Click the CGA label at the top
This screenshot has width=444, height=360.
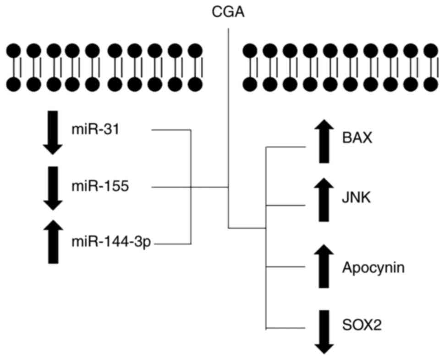228,11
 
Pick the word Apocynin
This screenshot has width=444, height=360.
373,267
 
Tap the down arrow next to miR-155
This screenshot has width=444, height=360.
53,188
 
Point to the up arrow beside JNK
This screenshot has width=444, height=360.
323,200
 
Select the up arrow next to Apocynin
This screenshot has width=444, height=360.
323,266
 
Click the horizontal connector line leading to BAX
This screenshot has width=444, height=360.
286,147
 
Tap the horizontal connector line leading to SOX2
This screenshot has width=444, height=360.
286,328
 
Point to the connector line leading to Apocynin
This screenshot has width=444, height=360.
286,267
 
